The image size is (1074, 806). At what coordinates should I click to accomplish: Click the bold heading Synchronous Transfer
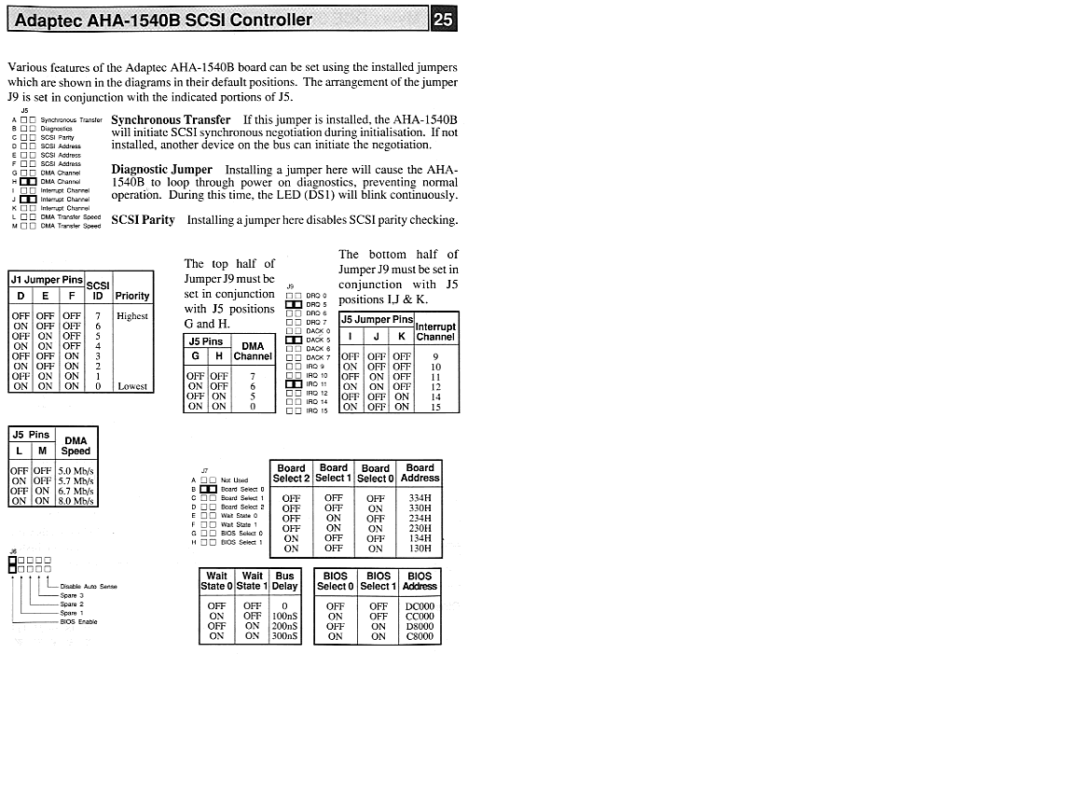point(171,120)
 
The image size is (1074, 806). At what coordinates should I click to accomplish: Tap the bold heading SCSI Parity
point(144,220)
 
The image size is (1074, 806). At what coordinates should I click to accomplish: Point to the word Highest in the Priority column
point(132,316)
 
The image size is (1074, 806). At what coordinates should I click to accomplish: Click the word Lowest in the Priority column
point(132,386)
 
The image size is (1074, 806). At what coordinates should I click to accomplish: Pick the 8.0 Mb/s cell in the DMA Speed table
point(76,501)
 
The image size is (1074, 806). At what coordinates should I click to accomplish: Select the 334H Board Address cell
point(420,498)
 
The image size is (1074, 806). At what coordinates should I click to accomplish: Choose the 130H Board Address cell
point(420,549)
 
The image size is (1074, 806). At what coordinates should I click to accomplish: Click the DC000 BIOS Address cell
point(420,606)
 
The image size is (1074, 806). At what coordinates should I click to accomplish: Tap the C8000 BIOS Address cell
point(420,636)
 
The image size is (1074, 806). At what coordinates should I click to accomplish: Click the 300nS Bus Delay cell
point(284,636)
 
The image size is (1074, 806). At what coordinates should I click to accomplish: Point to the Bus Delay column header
point(284,581)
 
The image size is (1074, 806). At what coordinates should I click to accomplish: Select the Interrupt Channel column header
point(436,332)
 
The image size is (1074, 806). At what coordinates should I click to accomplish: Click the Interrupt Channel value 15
point(436,407)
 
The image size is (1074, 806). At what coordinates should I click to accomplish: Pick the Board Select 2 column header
point(291,473)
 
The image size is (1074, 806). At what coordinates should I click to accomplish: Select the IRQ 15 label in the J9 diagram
point(317,411)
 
